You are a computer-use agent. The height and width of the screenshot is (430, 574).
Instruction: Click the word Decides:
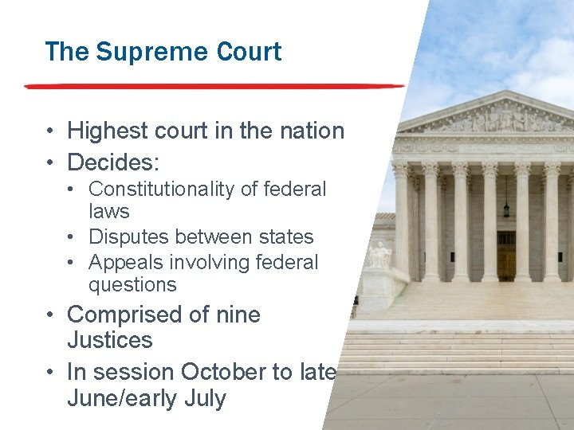113,162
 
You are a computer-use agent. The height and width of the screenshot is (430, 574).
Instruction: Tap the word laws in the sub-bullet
109,212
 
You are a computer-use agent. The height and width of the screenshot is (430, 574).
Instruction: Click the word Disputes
129,237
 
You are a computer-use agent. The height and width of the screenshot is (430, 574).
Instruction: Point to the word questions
132,284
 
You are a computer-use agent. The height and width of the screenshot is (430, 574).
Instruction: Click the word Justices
109,340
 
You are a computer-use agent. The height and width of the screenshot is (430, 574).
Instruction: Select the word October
222,372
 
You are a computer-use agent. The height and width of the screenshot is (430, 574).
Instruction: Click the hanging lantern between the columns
506,209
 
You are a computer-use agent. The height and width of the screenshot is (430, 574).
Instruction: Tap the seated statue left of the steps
380,255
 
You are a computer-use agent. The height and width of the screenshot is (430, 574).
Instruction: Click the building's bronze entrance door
506,263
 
